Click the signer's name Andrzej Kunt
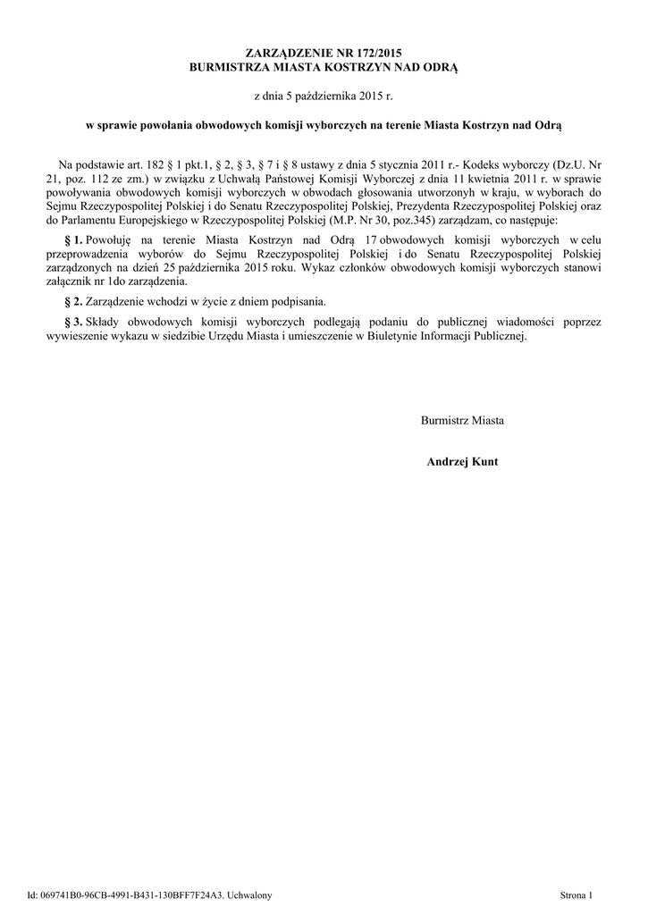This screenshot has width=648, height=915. tap(463, 462)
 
